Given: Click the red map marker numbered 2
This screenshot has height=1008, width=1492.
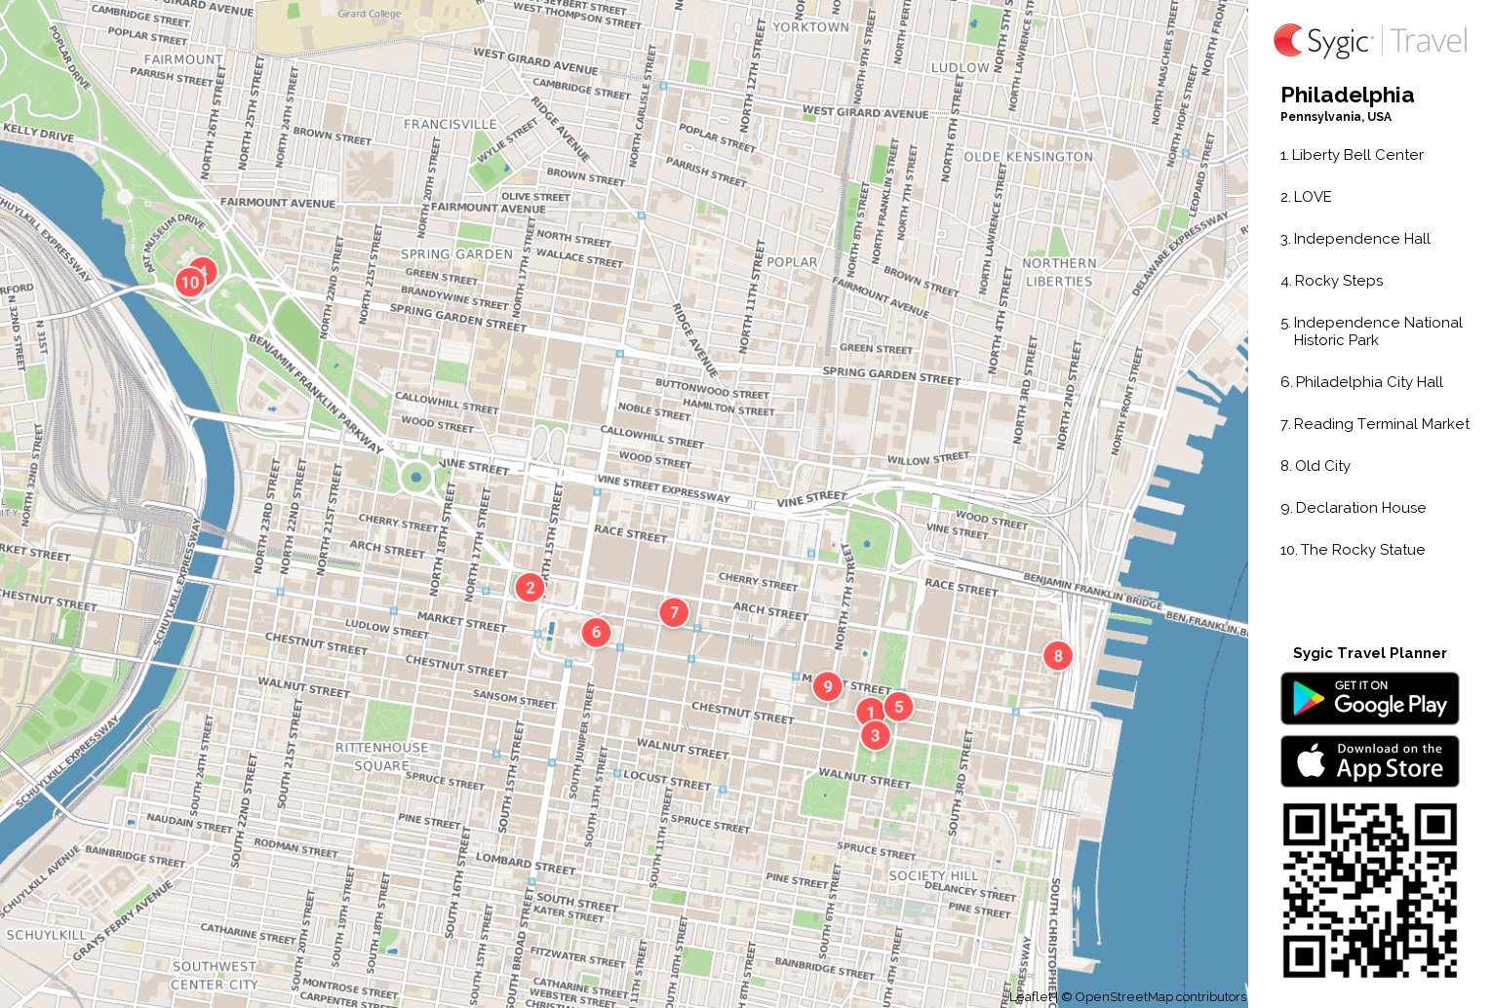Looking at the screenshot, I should click(530, 587).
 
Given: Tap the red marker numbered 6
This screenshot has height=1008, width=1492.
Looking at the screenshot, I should click(596, 632).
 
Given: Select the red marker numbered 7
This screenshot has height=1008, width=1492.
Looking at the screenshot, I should click(674, 612).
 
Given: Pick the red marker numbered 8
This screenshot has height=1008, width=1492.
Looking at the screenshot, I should click(1058, 656).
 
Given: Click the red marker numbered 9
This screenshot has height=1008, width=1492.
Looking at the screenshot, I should click(828, 686).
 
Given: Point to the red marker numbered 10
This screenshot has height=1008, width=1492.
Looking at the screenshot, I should click(190, 283).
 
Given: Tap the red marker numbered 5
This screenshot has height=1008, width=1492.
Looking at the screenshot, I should click(899, 707).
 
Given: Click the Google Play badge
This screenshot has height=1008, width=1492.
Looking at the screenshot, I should click(1369, 699).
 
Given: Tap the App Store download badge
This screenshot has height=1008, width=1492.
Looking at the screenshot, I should click(1369, 761).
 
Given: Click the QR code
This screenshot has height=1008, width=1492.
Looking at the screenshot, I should click(1369, 890).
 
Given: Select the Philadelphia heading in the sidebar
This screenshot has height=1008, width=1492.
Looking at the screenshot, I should click(1347, 95).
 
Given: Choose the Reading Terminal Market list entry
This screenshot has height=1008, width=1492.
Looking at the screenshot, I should click(1380, 424).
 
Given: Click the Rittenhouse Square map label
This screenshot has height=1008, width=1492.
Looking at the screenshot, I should click(381, 756).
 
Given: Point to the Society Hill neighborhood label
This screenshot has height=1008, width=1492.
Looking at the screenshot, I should click(933, 875).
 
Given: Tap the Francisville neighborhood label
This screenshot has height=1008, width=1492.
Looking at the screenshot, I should click(450, 125).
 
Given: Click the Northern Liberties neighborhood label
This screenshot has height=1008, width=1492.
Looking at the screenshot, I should click(1059, 272).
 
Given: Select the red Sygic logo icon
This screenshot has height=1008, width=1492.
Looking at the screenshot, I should click(1288, 41).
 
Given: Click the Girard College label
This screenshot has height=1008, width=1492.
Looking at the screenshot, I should click(370, 14).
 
